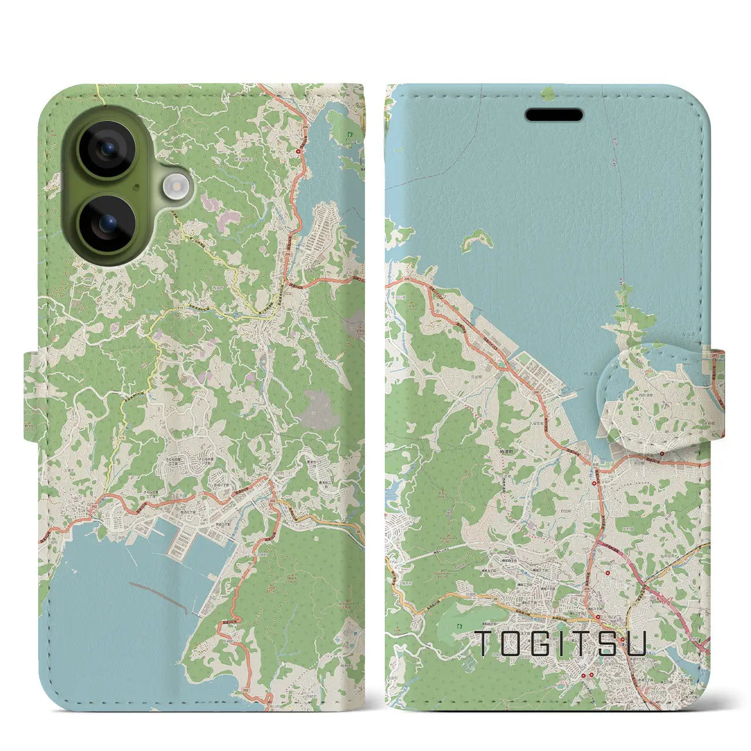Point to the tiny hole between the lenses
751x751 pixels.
tap(136, 187)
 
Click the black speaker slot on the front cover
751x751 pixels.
tap(554, 115)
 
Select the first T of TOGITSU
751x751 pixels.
tap(483, 643)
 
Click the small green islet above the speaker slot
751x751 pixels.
tap(548, 93)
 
